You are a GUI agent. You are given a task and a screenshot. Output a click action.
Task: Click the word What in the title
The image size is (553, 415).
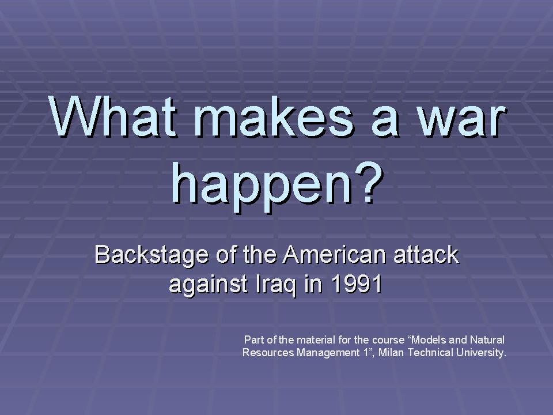point(112,116)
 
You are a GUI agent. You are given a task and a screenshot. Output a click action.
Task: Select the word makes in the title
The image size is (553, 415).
point(274,116)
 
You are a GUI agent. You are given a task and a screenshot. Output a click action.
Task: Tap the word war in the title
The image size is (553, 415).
point(461,120)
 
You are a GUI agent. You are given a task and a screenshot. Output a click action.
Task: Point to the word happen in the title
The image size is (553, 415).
point(261,187)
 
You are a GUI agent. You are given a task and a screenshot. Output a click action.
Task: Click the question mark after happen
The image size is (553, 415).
point(369,183)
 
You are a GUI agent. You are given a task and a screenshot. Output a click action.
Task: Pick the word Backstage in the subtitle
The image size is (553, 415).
point(151,255)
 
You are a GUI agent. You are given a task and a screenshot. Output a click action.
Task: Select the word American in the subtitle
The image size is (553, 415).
point(334,254)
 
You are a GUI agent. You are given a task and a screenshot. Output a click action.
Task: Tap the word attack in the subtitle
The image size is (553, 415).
point(426,255)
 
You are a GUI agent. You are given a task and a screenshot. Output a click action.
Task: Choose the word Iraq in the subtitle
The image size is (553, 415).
point(276,284)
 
